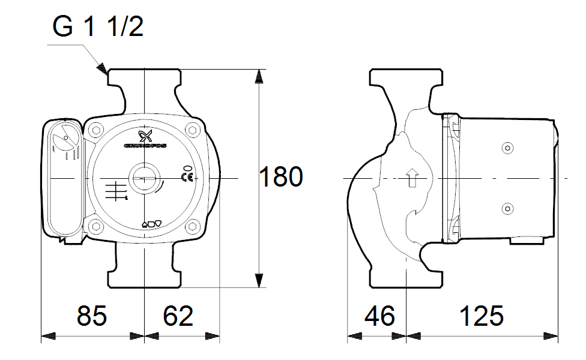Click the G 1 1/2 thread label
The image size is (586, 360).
pyautogui.click(x=98, y=27)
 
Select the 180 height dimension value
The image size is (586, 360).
pyautogui.click(x=281, y=178)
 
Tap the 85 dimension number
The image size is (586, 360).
pyautogui.click(x=92, y=316)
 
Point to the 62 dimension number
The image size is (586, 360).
pyautogui.click(x=178, y=316)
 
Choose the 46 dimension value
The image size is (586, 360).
pyautogui.click(x=380, y=316)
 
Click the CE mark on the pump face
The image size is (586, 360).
pyautogui.click(x=187, y=176)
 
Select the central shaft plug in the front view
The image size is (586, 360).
pyautogui.click(x=144, y=178)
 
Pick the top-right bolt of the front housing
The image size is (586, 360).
pyautogui.click(x=192, y=130)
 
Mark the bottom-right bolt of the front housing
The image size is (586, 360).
pyautogui.click(x=192, y=226)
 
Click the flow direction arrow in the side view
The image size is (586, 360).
pyautogui.click(x=412, y=178)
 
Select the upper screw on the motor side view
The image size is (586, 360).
pyautogui.click(x=508, y=149)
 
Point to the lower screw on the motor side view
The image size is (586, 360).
pyautogui.click(x=508, y=209)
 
